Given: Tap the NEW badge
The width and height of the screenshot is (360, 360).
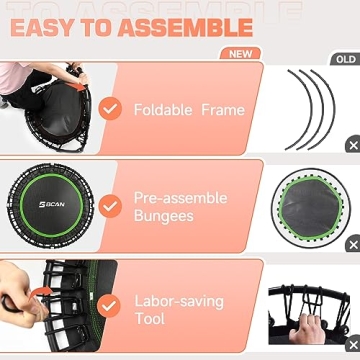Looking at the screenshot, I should point(240,53).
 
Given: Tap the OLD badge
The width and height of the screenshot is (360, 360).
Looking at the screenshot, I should point(344,59).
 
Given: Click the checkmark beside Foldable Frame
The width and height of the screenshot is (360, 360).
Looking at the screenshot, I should point(110,108).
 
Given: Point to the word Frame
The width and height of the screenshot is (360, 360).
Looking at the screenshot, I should point(223,109).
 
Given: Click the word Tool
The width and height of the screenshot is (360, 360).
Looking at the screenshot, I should point(150,319).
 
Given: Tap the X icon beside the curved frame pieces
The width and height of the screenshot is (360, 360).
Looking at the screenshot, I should point(352,145).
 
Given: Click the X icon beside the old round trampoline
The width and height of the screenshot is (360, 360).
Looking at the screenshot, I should point(352,244).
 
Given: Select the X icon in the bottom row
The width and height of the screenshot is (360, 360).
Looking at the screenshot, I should point(352,342).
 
